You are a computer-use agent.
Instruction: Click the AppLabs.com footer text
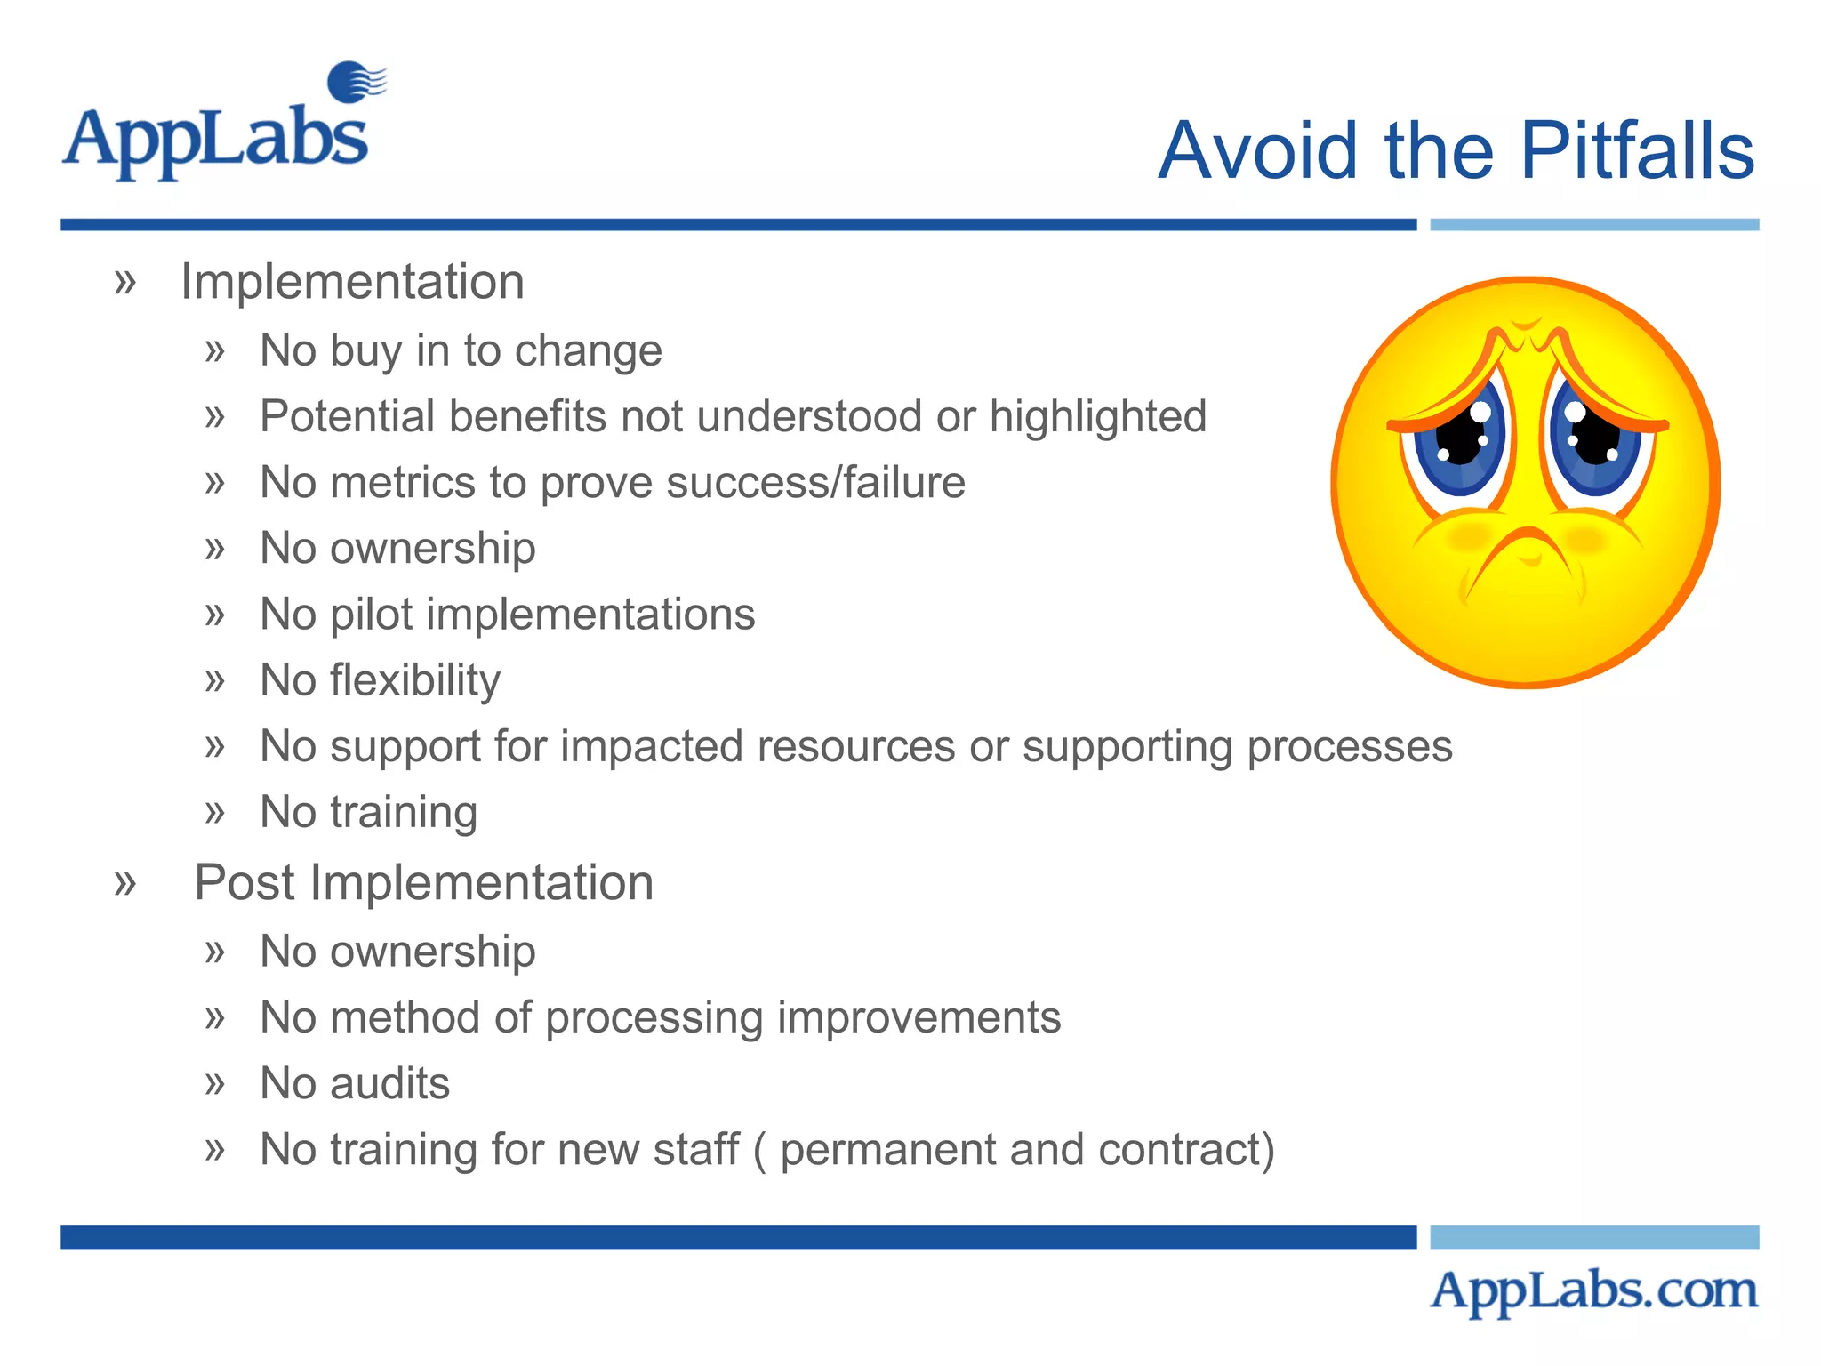[1593, 1290]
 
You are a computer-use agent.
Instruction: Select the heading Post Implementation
[423, 883]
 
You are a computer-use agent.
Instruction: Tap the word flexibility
[415, 681]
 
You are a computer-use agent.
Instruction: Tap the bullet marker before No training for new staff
[214, 1150]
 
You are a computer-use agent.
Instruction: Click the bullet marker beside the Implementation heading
[125, 283]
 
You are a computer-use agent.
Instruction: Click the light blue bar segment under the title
[1593, 225]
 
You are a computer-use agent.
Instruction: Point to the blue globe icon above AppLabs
[353, 82]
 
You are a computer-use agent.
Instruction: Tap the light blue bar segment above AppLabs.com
[1593, 1237]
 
